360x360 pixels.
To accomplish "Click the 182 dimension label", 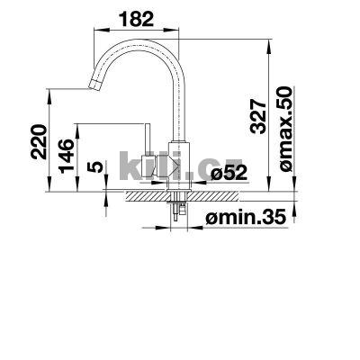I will (137, 19).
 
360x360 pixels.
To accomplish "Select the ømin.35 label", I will (244, 216).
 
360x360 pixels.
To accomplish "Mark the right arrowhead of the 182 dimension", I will (180, 31).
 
